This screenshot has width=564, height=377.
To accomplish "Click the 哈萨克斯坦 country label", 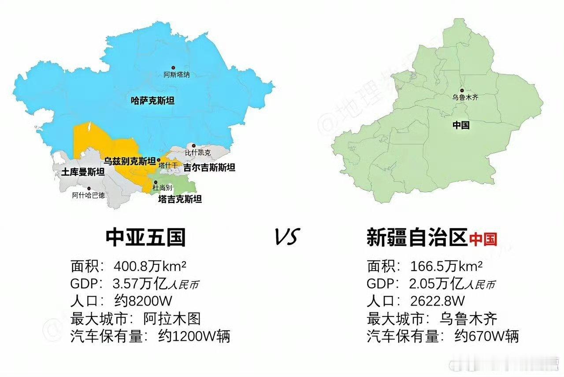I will (152, 101).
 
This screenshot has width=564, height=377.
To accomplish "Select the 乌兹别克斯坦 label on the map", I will (130, 160).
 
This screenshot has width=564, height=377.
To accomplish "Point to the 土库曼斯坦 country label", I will (83, 172).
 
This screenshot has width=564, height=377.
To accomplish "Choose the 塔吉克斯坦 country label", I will (180, 199).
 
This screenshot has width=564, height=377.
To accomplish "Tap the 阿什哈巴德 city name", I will (89, 195).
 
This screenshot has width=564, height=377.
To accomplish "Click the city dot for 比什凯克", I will (193, 145).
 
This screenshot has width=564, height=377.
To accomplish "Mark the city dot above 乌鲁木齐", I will (462, 90).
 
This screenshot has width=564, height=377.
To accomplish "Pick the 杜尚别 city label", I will (162, 188).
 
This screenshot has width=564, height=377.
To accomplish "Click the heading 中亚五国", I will (146, 238).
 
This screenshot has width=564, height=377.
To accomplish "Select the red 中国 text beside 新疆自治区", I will (483, 239).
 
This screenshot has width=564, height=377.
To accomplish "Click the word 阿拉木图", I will (172, 319).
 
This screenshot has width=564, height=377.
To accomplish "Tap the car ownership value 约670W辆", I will (486, 336).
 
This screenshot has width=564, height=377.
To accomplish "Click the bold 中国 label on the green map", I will (461, 125).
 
